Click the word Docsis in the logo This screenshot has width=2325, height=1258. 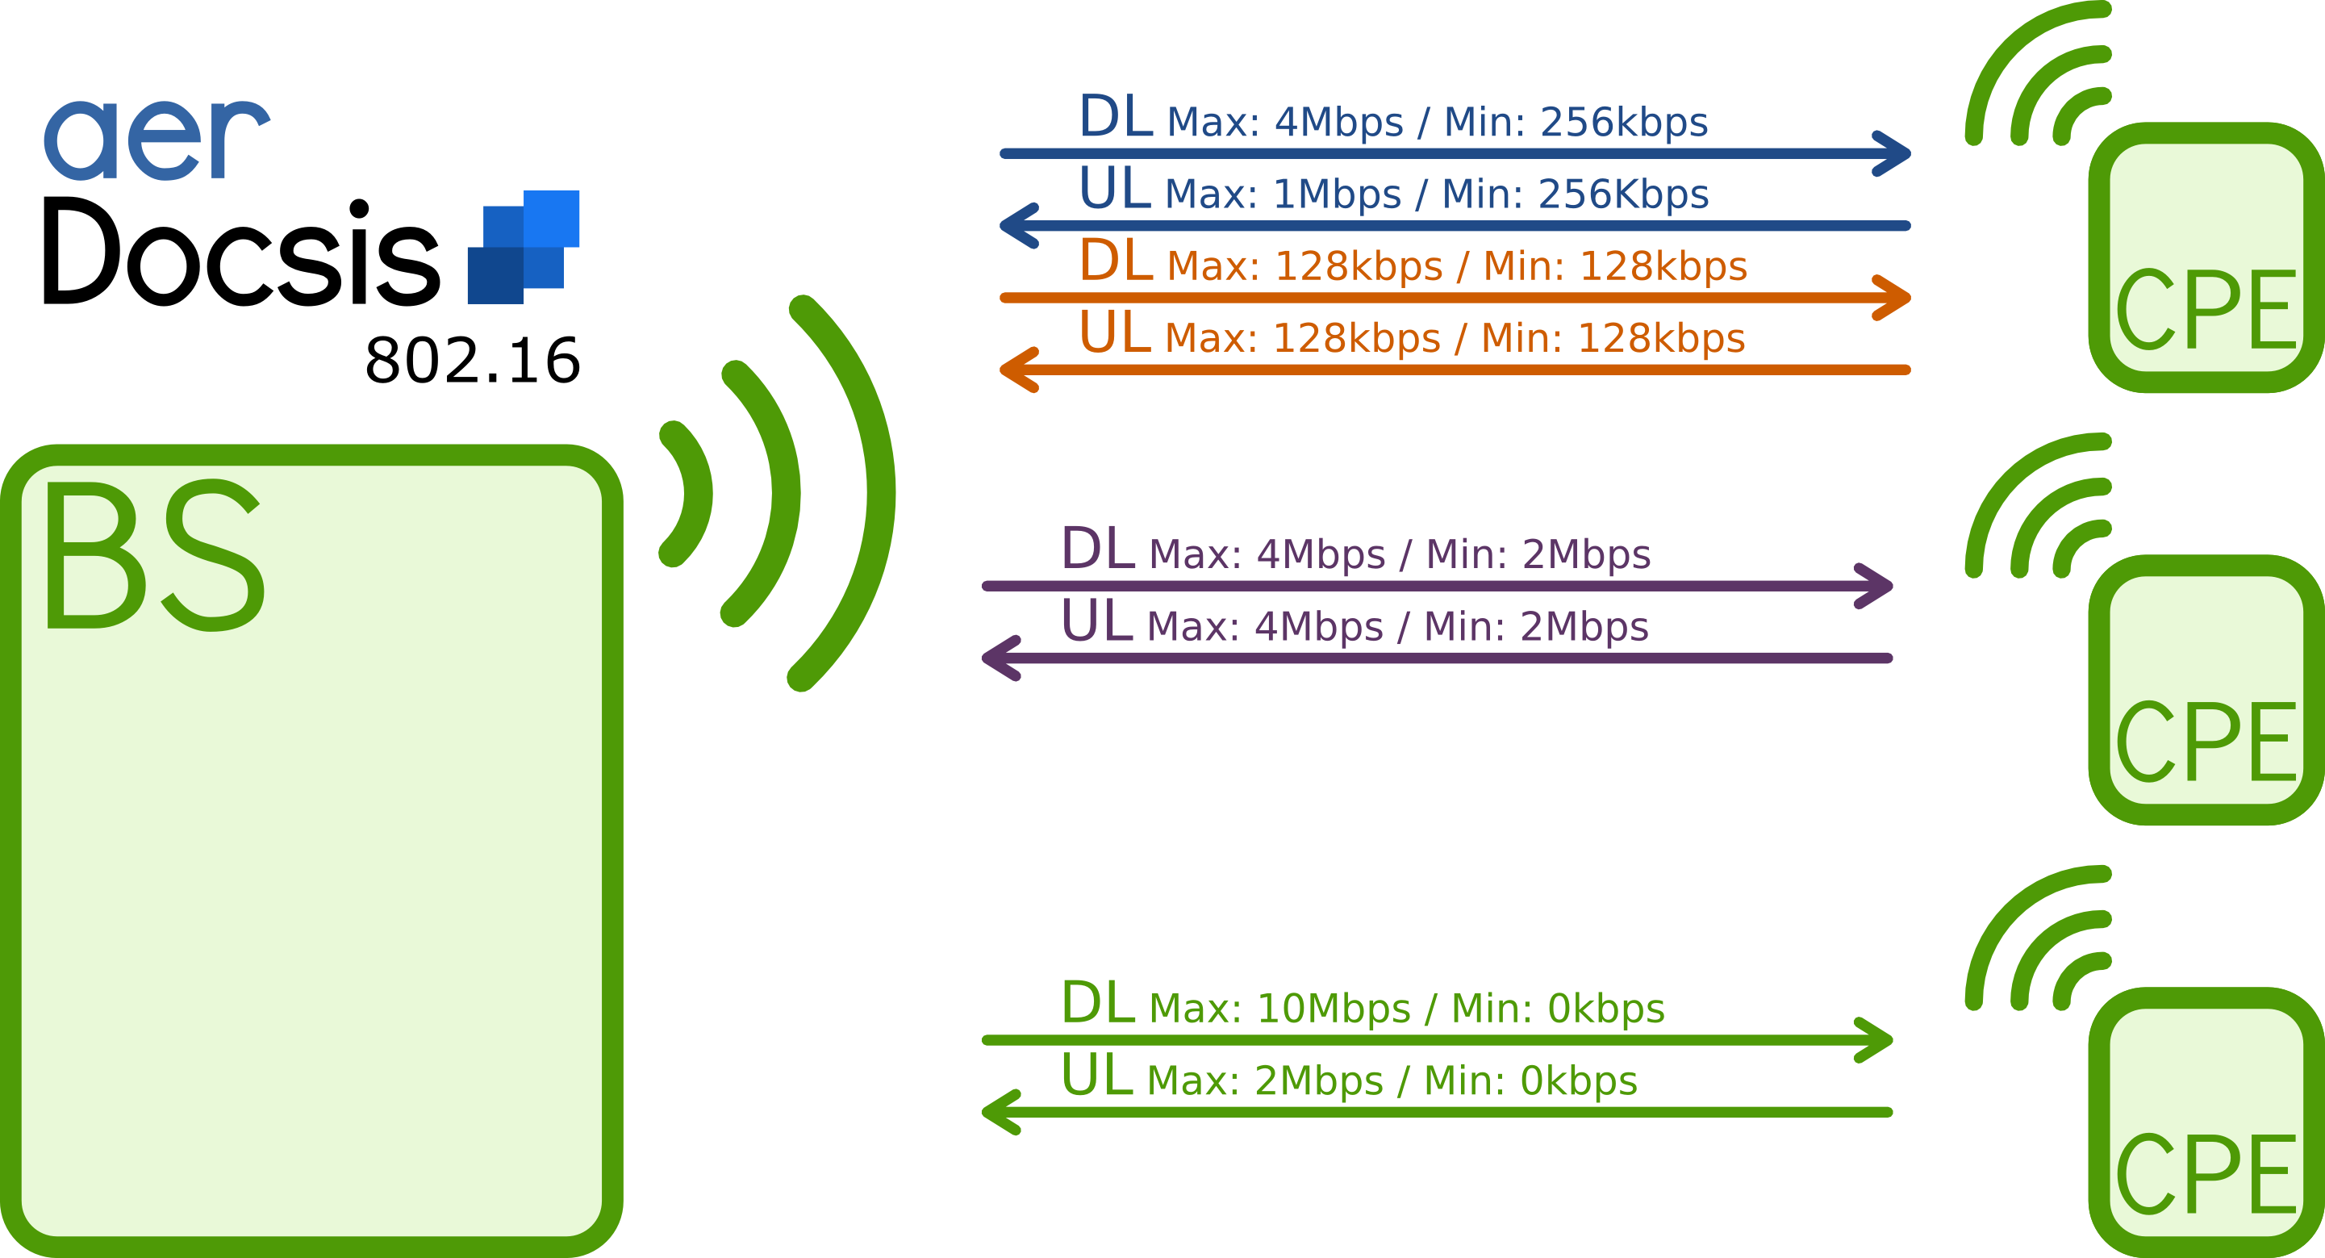coord(241,252)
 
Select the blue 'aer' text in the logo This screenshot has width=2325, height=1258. coord(157,140)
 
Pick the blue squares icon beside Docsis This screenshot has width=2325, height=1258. coord(524,245)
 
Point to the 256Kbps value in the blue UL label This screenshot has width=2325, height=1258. coord(1623,194)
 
